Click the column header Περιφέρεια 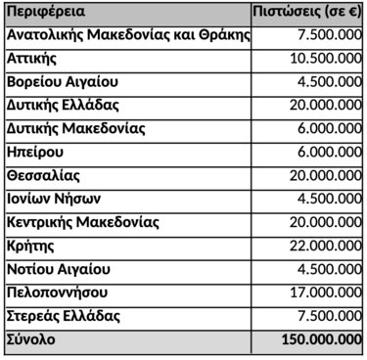(45, 14)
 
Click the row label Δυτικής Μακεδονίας (75, 129)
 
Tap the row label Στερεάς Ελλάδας (63, 316)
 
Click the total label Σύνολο (31, 339)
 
